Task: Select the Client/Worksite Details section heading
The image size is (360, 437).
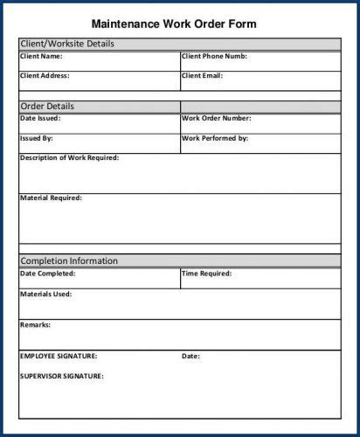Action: click(x=66, y=43)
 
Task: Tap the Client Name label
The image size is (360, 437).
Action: click(x=41, y=56)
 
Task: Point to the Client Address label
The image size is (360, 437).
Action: click(x=45, y=75)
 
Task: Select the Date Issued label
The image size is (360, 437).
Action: click(x=40, y=118)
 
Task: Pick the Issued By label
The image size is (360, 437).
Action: click(x=37, y=138)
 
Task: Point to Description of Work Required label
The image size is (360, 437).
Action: click(x=69, y=158)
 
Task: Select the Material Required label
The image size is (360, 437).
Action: click(x=51, y=198)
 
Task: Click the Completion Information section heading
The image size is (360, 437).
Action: click(x=69, y=260)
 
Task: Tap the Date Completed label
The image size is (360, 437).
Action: click(x=47, y=274)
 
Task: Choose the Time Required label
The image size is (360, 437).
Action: click(x=206, y=274)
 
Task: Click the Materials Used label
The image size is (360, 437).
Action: click(x=45, y=295)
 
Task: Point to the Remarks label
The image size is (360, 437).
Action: click(x=35, y=325)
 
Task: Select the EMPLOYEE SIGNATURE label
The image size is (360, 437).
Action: click(x=59, y=356)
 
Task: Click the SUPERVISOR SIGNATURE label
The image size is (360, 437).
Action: click(x=61, y=376)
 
